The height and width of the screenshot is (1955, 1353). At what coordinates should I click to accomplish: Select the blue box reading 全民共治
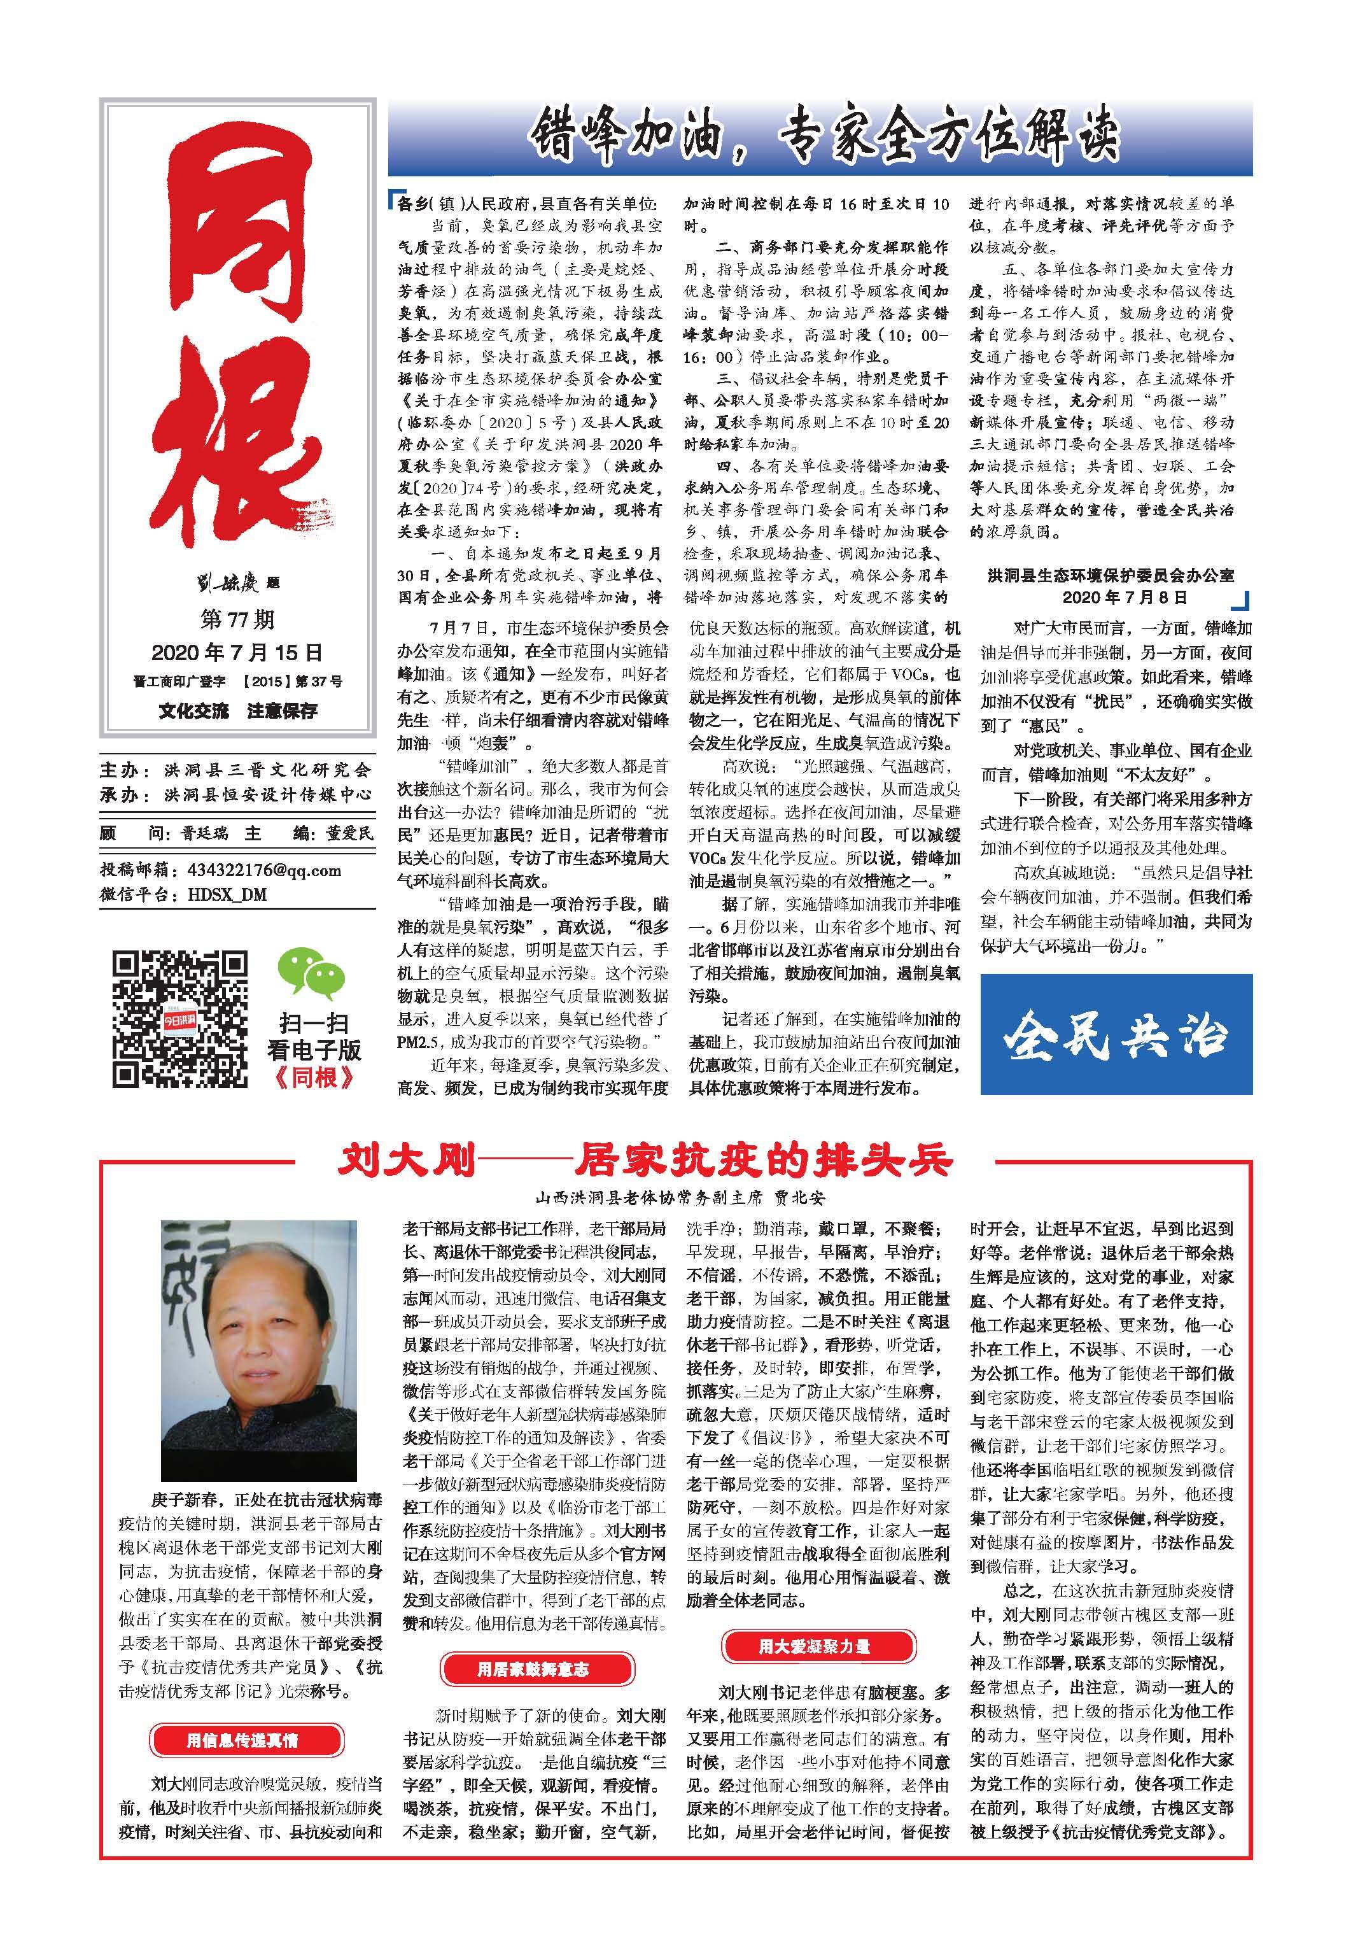tap(1116, 1034)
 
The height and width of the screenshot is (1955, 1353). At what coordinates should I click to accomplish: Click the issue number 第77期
tap(237, 620)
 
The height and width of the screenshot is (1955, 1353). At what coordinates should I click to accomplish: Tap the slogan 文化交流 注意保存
tap(237, 710)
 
